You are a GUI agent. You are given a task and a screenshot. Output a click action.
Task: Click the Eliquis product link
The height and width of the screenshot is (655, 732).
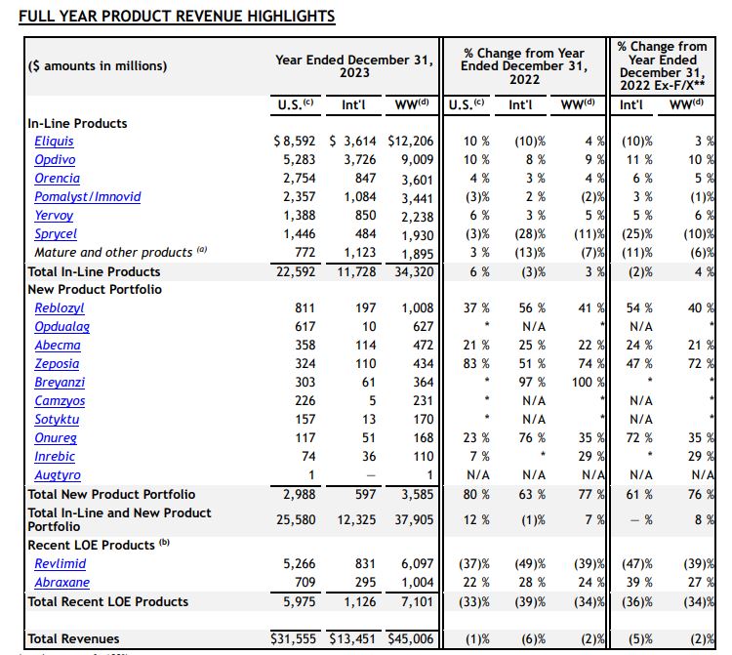point(54,142)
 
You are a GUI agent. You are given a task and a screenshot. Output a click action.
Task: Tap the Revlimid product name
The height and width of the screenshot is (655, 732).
point(61,564)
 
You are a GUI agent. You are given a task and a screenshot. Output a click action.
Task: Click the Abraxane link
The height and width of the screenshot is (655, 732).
point(61,583)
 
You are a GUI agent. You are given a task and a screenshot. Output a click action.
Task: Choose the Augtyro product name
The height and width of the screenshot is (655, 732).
point(59,475)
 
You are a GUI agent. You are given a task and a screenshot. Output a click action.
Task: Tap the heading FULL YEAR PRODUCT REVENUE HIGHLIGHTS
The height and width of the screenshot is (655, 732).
point(177,17)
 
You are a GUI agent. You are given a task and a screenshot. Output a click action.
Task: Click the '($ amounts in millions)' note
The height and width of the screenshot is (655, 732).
point(97,66)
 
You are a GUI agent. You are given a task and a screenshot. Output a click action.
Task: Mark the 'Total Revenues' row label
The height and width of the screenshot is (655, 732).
point(73,639)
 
